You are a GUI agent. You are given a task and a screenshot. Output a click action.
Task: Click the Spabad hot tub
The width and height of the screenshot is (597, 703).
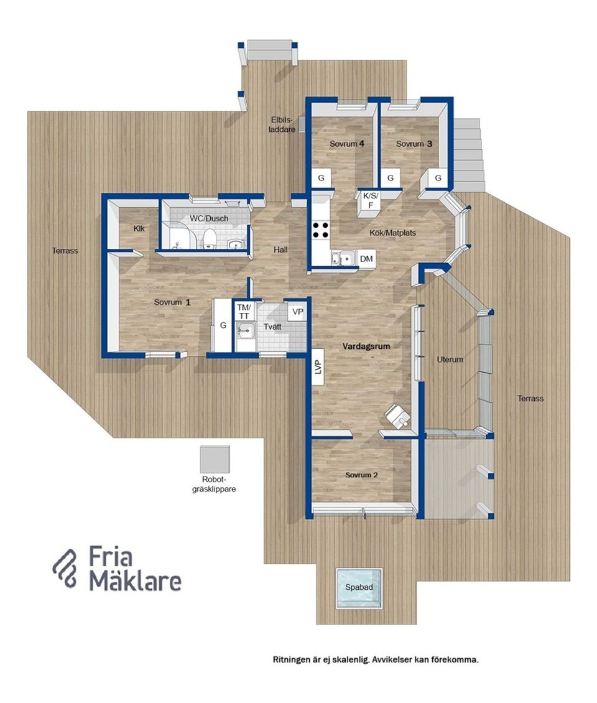tap(359, 588)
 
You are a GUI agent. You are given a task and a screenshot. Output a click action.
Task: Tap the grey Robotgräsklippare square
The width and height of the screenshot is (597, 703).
tap(215, 459)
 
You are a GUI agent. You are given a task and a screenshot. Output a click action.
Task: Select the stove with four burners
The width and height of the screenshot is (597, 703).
tap(321, 230)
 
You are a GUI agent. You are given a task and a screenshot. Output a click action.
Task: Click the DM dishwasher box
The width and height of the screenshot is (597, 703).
tap(366, 259)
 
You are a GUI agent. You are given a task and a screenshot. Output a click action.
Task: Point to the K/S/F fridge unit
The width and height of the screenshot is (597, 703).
tap(370, 201)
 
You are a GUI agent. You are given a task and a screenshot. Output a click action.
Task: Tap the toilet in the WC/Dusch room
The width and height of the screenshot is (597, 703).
tap(210, 238)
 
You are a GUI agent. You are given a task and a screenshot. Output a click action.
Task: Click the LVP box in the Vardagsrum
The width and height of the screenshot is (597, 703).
tap(318, 367)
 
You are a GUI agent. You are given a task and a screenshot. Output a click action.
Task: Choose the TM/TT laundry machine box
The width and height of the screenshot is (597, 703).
tap(244, 311)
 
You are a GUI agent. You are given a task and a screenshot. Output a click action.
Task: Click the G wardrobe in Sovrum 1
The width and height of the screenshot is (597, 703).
tap(223, 325)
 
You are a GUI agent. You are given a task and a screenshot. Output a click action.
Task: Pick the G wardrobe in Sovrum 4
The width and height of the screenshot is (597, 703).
tap(321, 178)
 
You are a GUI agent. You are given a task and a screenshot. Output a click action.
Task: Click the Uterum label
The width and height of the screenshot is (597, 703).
tap(450, 359)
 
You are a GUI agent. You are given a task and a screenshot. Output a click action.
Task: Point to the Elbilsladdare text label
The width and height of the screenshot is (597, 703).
tap(282, 124)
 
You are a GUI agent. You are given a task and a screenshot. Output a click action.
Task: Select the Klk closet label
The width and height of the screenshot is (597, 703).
tap(139, 228)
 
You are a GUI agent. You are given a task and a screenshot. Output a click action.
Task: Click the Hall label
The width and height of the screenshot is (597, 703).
tap(280, 249)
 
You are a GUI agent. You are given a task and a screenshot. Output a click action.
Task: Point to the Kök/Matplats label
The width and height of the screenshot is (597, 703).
tap(392, 233)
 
